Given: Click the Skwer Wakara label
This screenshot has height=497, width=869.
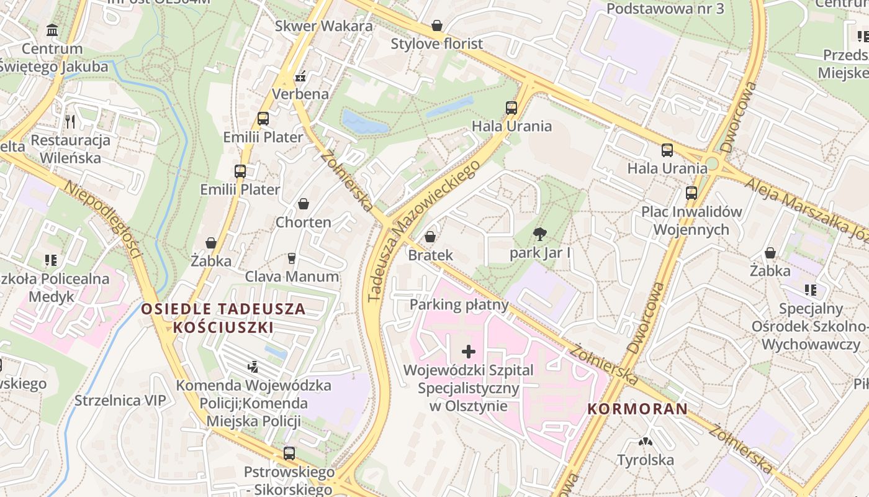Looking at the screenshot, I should tap(323, 26).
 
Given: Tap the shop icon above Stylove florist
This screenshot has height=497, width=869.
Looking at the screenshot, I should tap(437, 25).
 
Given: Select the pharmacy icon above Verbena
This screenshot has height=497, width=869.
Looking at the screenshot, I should tap(301, 77).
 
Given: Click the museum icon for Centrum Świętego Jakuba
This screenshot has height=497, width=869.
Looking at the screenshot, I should tap(52, 30).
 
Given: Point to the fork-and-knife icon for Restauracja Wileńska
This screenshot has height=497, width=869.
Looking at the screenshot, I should tap(70, 121).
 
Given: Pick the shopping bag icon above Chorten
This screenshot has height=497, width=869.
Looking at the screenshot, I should tap(304, 204).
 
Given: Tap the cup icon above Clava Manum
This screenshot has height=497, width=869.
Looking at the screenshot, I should tap(292, 258).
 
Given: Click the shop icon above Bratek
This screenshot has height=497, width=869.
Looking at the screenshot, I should tap(430, 237).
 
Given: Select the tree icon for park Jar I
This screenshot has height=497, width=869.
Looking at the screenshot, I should tap(540, 234).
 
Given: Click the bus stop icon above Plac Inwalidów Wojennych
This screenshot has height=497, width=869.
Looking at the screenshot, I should tap(691, 193).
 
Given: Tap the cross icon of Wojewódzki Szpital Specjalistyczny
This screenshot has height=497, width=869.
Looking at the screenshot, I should tap(469, 352).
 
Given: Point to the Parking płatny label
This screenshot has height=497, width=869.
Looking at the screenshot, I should tap(459, 304).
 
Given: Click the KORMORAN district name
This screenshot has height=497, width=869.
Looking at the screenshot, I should tap(637, 409).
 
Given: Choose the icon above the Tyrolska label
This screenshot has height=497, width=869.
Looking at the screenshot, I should tap(646, 442).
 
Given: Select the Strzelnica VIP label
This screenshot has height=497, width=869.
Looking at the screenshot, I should tap(120, 400).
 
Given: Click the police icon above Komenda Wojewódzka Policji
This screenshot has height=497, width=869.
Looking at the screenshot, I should tap(253, 367).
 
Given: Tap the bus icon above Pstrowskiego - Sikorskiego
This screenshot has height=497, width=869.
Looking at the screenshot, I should tap(289, 454).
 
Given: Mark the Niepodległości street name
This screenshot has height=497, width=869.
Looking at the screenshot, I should tap(104, 221).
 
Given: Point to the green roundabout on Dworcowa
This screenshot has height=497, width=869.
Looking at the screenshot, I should tap(711, 163).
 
